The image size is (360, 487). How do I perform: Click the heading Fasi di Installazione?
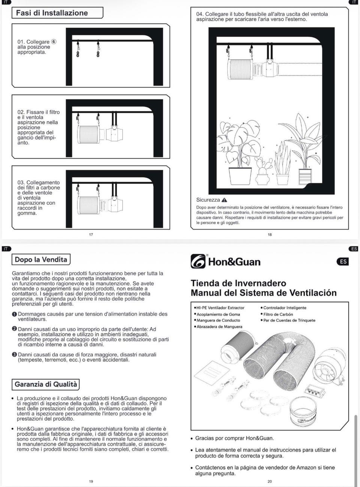(52, 13)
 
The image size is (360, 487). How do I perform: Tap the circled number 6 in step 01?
(54, 42)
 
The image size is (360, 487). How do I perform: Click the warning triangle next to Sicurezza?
(224, 200)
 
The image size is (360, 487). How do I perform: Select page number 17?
(91, 235)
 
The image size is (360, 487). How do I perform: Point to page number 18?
(270, 235)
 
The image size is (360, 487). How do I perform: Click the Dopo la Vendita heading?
(41, 259)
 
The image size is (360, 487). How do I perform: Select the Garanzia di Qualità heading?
(46, 384)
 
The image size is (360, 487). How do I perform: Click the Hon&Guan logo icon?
(198, 261)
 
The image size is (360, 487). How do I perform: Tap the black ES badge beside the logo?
(343, 261)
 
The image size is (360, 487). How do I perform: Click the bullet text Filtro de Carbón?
(278, 314)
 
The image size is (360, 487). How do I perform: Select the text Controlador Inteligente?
(285, 308)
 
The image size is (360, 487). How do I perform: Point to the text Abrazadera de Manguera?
(219, 327)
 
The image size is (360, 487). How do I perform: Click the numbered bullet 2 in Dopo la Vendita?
(14, 329)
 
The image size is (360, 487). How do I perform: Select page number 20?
(270, 481)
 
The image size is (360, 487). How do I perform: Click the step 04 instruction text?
(262, 16)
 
